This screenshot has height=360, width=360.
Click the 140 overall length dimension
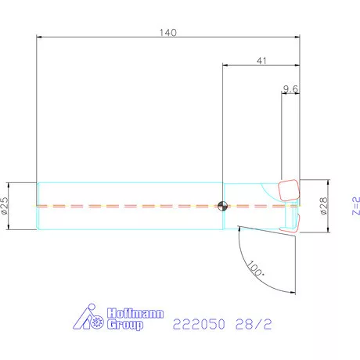pos(168,33)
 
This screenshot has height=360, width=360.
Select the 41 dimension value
pos(261,61)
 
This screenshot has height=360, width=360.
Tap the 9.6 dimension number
pos(290,89)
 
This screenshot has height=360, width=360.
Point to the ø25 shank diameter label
pos(5,206)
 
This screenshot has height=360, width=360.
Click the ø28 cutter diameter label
pos(323,206)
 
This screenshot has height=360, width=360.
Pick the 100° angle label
pos(255,268)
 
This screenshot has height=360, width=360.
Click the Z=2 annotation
pos(356,206)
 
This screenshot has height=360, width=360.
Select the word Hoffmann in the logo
pos(135,313)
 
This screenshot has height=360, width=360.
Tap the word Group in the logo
pos(125,325)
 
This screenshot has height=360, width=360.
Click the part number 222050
pos(199,324)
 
